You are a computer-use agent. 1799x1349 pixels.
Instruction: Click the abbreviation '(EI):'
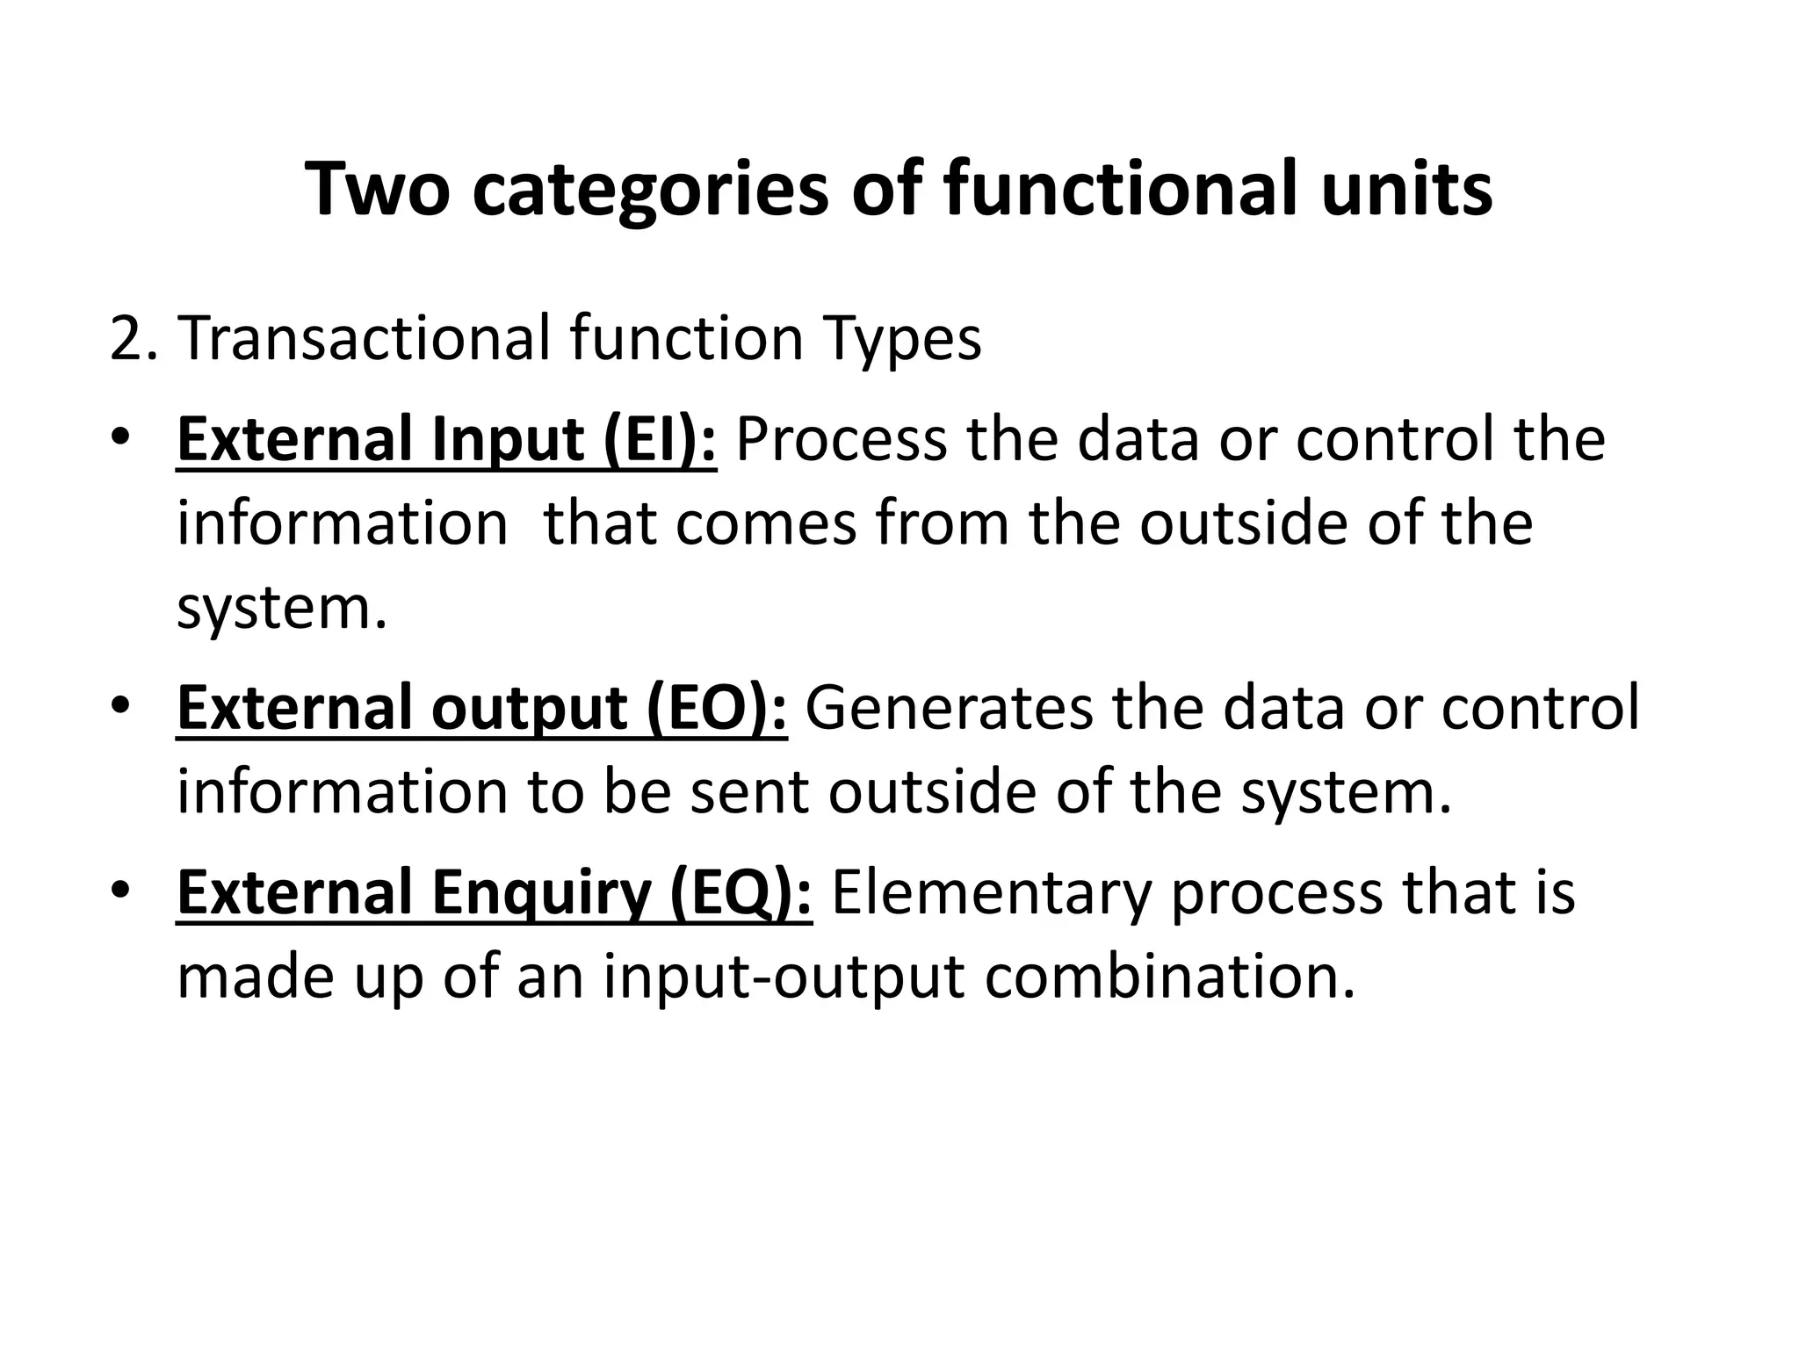[x=660, y=439]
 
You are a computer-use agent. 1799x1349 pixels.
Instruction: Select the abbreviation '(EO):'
[x=717, y=709]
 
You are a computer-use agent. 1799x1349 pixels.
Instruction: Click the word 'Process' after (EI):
[x=841, y=439]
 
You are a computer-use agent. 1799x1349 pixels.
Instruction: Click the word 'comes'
[x=766, y=524]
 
